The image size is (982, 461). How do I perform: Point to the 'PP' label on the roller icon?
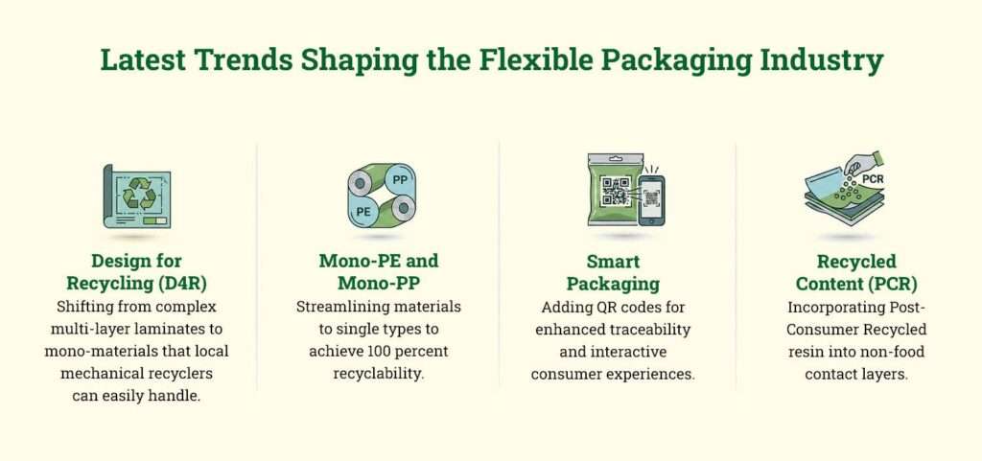point(398,178)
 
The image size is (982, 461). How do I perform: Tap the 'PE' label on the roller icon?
point(364,210)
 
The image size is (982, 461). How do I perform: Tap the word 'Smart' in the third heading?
point(614,261)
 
